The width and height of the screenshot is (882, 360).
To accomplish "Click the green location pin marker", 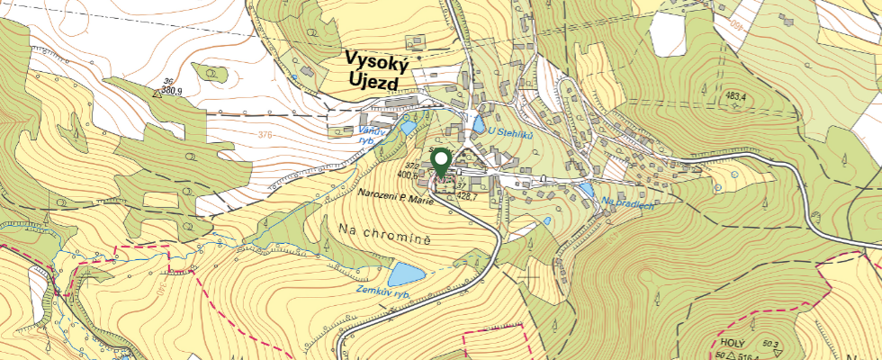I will pyautogui.click(x=441, y=162).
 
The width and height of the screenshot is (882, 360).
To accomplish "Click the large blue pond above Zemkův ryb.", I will pyautogui.click(x=406, y=273).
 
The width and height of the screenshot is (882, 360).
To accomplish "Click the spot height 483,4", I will pyautogui.click(x=736, y=95).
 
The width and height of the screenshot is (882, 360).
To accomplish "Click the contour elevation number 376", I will pyautogui.click(x=265, y=136).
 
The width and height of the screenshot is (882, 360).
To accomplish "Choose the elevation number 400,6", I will pyautogui.click(x=416, y=176).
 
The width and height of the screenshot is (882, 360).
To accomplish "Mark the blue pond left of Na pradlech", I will pyautogui.click(x=587, y=191).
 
